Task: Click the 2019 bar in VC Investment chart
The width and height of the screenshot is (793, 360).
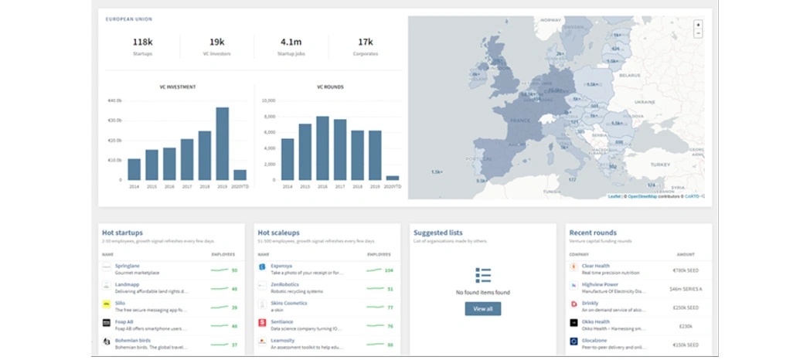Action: click(223, 144)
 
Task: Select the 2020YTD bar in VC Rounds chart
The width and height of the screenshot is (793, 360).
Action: click(392, 178)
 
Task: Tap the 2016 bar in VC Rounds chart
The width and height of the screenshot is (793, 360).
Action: click(323, 148)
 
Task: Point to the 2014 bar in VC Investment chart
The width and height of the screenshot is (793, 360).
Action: click(134, 169)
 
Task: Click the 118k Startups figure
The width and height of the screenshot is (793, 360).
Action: click(142, 42)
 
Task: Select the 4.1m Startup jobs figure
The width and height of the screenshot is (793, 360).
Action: click(291, 42)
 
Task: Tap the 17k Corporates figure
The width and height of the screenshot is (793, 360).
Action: click(365, 42)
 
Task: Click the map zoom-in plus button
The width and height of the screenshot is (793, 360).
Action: click(698, 25)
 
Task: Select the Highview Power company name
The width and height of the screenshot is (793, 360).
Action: click(601, 284)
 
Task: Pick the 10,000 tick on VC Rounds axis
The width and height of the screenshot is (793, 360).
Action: click(269, 100)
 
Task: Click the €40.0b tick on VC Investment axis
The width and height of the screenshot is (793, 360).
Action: click(114, 100)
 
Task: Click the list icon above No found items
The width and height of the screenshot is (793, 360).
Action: click(483, 276)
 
